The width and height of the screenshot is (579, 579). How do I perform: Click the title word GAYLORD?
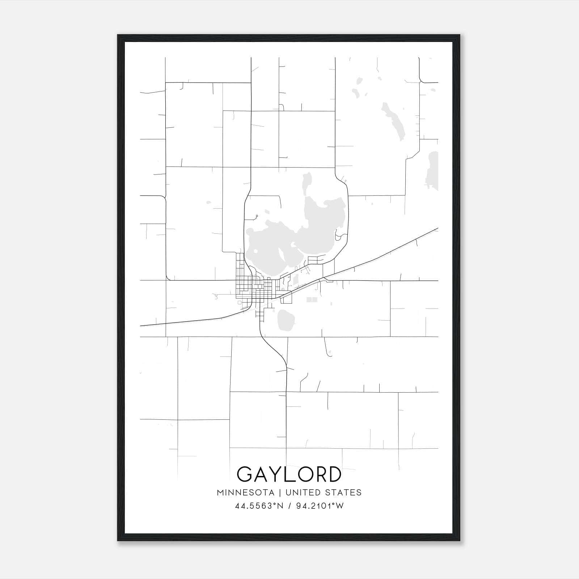coord(289,474)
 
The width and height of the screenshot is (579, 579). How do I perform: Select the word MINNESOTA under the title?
coord(245,493)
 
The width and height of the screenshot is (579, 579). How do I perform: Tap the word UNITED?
coord(303,493)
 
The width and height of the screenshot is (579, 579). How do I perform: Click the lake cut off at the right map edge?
coord(434,170)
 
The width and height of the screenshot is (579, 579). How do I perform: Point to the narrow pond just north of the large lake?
coord(307,183)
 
